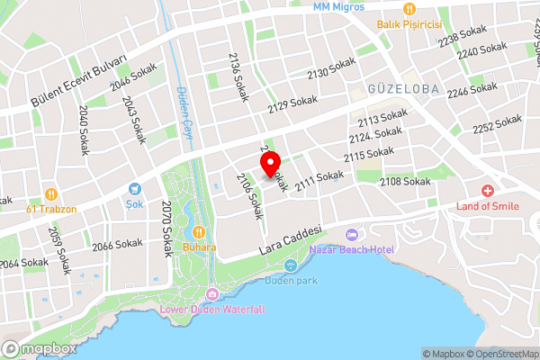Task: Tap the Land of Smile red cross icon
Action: pos(487,191)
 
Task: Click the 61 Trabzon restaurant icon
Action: pos(51,193)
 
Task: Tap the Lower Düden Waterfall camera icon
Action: pos(211,294)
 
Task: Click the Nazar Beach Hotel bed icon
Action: pos(352,234)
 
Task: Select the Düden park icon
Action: pos(291,265)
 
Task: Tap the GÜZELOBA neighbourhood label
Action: pos(401,89)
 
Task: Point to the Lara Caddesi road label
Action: pos(290,238)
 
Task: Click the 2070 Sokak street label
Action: pos(166,229)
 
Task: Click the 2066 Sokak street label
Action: pos(118,244)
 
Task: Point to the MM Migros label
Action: pos(338,6)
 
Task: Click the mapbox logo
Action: pos(39,348)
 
